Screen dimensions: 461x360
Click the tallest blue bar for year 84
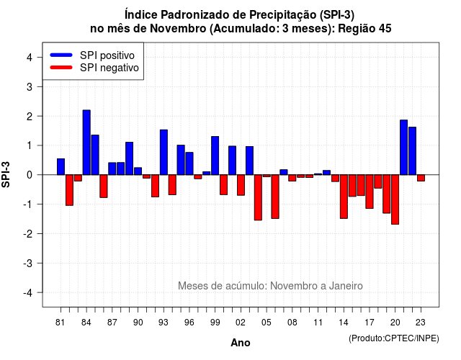pyautogui.click(x=86, y=143)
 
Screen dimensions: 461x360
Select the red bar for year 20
pyautogui.click(x=395, y=199)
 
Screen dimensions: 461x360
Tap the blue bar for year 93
pyautogui.click(x=164, y=152)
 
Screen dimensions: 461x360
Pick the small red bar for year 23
pyautogui.click(x=421, y=178)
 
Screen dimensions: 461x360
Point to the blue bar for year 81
pyautogui.click(x=61, y=166)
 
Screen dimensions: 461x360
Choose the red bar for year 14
pyautogui.click(x=344, y=197)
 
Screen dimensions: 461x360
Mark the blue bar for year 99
pyautogui.click(x=215, y=156)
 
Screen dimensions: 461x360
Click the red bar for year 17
pyautogui.click(x=370, y=192)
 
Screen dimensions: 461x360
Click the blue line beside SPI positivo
pyautogui.click(x=61, y=55)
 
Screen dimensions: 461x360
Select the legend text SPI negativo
pyautogui.click(x=109, y=68)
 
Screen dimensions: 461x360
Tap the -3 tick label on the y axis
pyautogui.click(x=27, y=264)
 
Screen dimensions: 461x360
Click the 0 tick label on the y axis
pyautogui.click(x=30, y=175)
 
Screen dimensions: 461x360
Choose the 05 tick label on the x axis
pyautogui.click(x=266, y=323)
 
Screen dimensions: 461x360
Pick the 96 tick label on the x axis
pyautogui.click(x=189, y=323)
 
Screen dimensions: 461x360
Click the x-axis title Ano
pyautogui.click(x=241, y=343)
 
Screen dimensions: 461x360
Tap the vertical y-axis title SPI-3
pyautogui.click(x=6, y=174)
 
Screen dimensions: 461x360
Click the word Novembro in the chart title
pyautogui.click(x=178, y=29)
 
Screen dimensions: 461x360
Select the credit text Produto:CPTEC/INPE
pyautogui.click(x=394, y=338)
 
